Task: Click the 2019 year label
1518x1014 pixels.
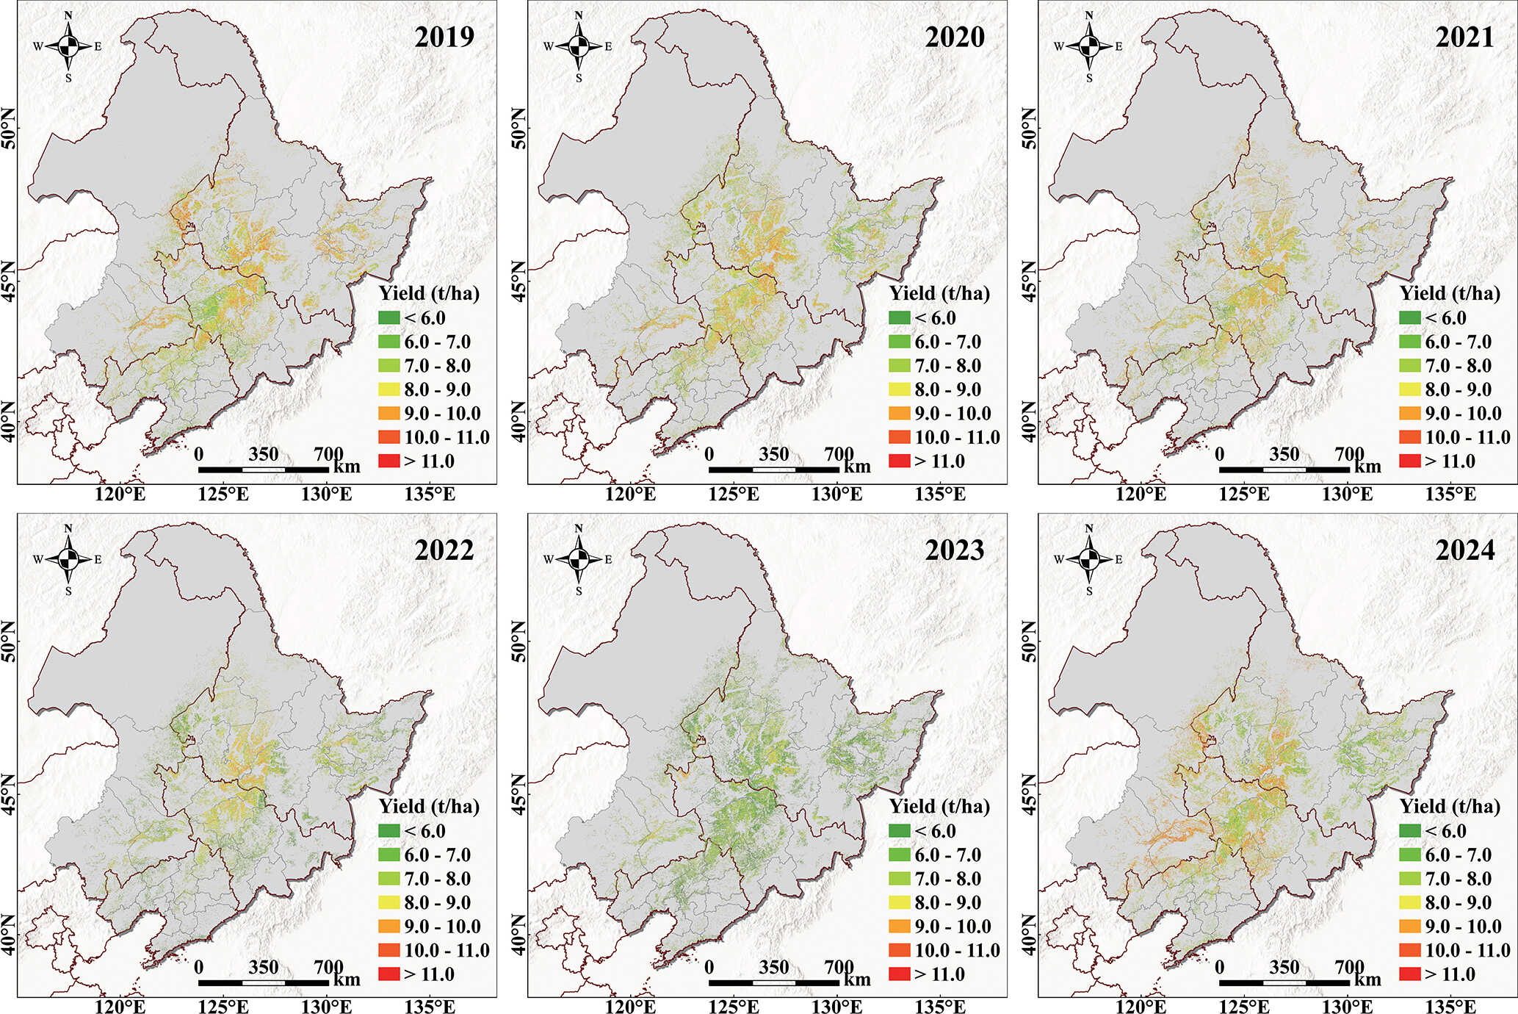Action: point(444,37)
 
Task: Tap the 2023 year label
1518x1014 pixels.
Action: point(955,550)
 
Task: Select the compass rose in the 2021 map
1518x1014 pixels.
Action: point(1089,46)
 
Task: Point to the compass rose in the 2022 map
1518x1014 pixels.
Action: point(68,559)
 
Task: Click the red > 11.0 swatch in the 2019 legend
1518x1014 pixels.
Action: point(389,461)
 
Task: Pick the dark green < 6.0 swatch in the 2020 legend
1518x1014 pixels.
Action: point(900,318)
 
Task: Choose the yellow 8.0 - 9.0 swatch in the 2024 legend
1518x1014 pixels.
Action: point(1410,902)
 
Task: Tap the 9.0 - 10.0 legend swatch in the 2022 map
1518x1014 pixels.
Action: point(389,927)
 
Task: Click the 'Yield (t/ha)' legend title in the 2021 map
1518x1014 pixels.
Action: point(1450,294)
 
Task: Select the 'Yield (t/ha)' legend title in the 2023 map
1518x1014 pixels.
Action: point(939,807)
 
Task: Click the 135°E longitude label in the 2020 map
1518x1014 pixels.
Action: point(940,494)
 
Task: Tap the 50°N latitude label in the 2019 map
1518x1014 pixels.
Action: point(10,128)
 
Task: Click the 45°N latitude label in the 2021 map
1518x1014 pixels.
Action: point(1030,280)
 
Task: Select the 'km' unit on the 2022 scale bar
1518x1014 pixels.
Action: point(347,979)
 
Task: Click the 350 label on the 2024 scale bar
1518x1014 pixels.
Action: point(1284,966)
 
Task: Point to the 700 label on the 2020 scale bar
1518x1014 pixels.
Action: point(839,453)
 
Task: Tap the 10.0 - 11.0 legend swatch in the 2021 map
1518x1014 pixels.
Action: point(1410,437)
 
